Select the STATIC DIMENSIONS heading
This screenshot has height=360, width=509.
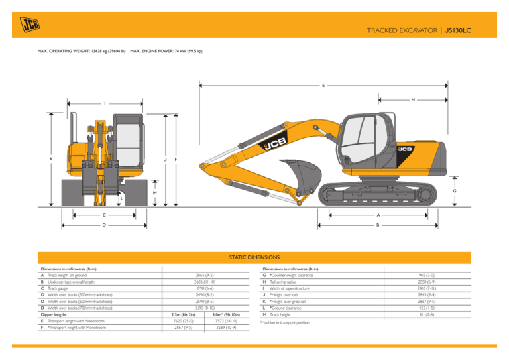tap(254, 257)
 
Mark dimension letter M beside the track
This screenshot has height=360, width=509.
tap(156, 193)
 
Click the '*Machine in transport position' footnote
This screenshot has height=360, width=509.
tap(290, 323)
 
